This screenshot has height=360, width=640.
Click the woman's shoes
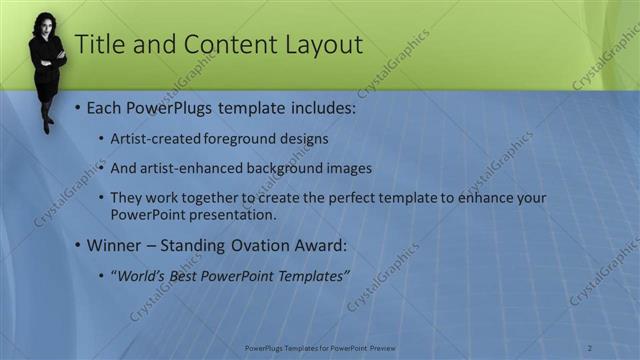click(47, 126)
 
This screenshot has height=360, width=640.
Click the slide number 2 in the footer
click(590, 348)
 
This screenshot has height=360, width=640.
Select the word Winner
click(115, 244)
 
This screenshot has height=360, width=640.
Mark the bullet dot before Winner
click(78, 245)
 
